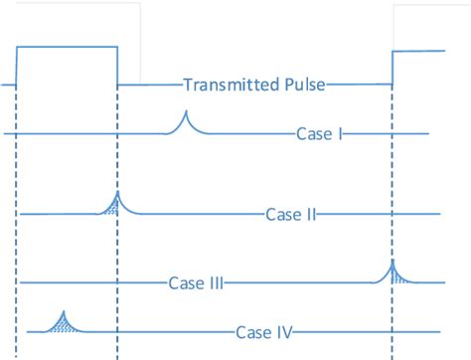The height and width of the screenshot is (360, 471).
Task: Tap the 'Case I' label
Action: [319, 133]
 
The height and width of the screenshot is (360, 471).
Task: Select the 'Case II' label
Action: [291, 214]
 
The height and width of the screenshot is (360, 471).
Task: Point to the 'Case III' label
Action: [195, 282]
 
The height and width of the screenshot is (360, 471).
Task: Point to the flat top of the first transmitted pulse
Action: [67, 46]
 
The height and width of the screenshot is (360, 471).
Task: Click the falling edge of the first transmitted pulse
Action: [117, 65]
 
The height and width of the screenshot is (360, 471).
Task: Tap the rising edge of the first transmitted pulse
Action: [17, 66]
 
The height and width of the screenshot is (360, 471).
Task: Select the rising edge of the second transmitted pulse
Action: [393, 68]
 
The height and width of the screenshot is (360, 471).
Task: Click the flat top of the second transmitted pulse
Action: [427, 50]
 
